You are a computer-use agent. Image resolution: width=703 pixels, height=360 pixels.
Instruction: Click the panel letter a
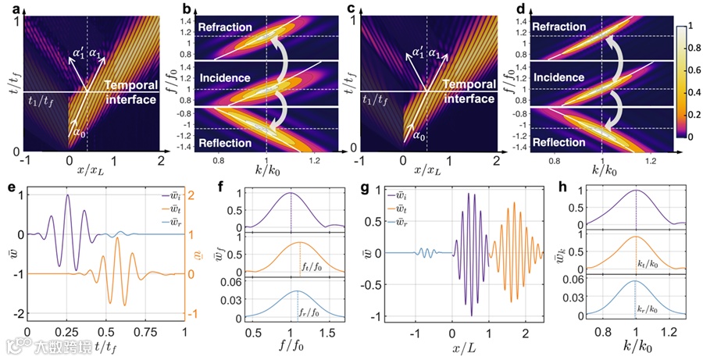pyautogui.click(x=5, y=7)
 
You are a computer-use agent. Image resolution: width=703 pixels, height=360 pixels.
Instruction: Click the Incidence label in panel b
pyautogui.click(x=225, y=79)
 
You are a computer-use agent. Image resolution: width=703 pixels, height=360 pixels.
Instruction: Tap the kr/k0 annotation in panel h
pyautogui.click(x=651, y=310)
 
